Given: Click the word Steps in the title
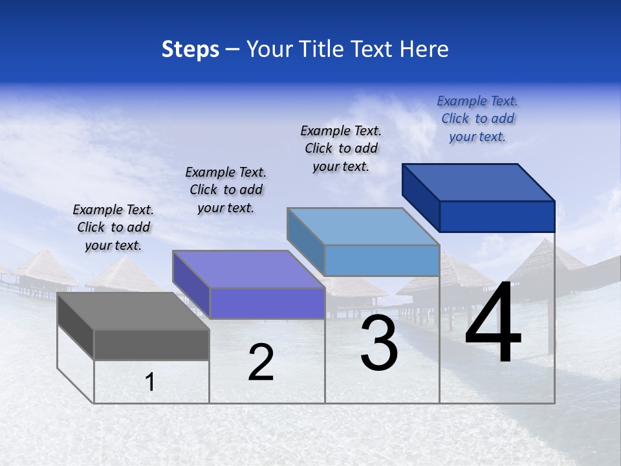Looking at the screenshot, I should coord(190,49).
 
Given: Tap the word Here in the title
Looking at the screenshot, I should coord(424,49).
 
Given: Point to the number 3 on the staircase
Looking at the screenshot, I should coord(379,343).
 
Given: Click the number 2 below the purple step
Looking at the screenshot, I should coord(261,362).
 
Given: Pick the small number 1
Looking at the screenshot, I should coord(150,383).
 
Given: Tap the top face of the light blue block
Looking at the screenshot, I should coord(363,227).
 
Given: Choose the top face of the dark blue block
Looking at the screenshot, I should coord(479,183).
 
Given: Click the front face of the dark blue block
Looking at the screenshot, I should coord(497,216).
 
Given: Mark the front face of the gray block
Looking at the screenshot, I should coord(151,344).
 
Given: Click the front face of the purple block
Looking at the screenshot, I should coord(267,303).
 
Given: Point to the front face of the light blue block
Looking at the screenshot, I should coord(382,260).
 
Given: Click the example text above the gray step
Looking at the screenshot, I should coord(113,227).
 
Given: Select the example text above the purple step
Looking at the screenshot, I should coord(226,190).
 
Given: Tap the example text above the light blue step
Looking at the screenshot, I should coord(341,148).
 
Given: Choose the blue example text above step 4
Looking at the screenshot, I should coord(477,118).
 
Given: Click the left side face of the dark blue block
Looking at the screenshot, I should coord(420,197).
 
